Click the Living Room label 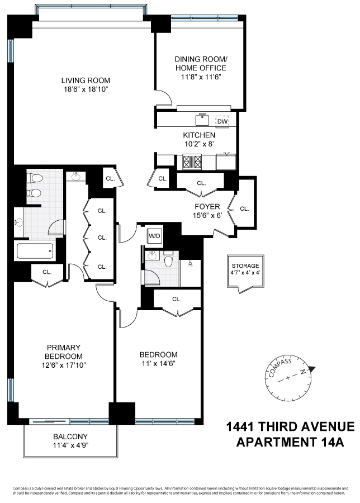pyautogui.click(x=86, y=80)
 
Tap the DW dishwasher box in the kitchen pyautogui.click(x=222, y=121)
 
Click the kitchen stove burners pyautogui.click(x=193, y=162)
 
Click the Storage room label pyautogui.click(x=246, y=265)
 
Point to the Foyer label pyautogui.click(x=207, y=207)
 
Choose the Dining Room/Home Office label pyautogui.click(x=201, y=63)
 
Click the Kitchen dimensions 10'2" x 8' pyautogui.click(x=199, y=144)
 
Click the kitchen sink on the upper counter pyautogui.click(x=201, y=119)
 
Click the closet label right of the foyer pyautogui.click(x=244, y=208)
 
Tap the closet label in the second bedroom pyautogui.click(x=177, y=299)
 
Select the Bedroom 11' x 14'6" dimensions pyautogui.click(x=158, y=364)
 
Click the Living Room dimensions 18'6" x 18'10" pyautogui.click(x=86, y=89)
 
